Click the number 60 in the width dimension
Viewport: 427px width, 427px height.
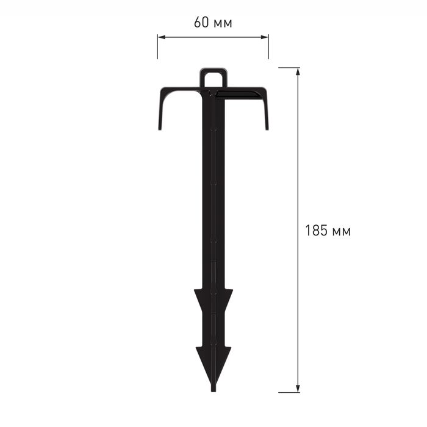click(201, 23)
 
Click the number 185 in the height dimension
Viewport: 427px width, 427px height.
click(316, 231)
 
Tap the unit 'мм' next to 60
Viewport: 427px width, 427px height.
click(223, 24)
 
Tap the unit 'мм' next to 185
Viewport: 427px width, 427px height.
click(342, 232)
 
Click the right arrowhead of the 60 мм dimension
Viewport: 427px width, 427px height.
click(264, 37)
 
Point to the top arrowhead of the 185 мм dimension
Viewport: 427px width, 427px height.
click(298, 71)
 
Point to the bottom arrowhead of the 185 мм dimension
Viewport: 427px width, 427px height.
click(298, 389)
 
